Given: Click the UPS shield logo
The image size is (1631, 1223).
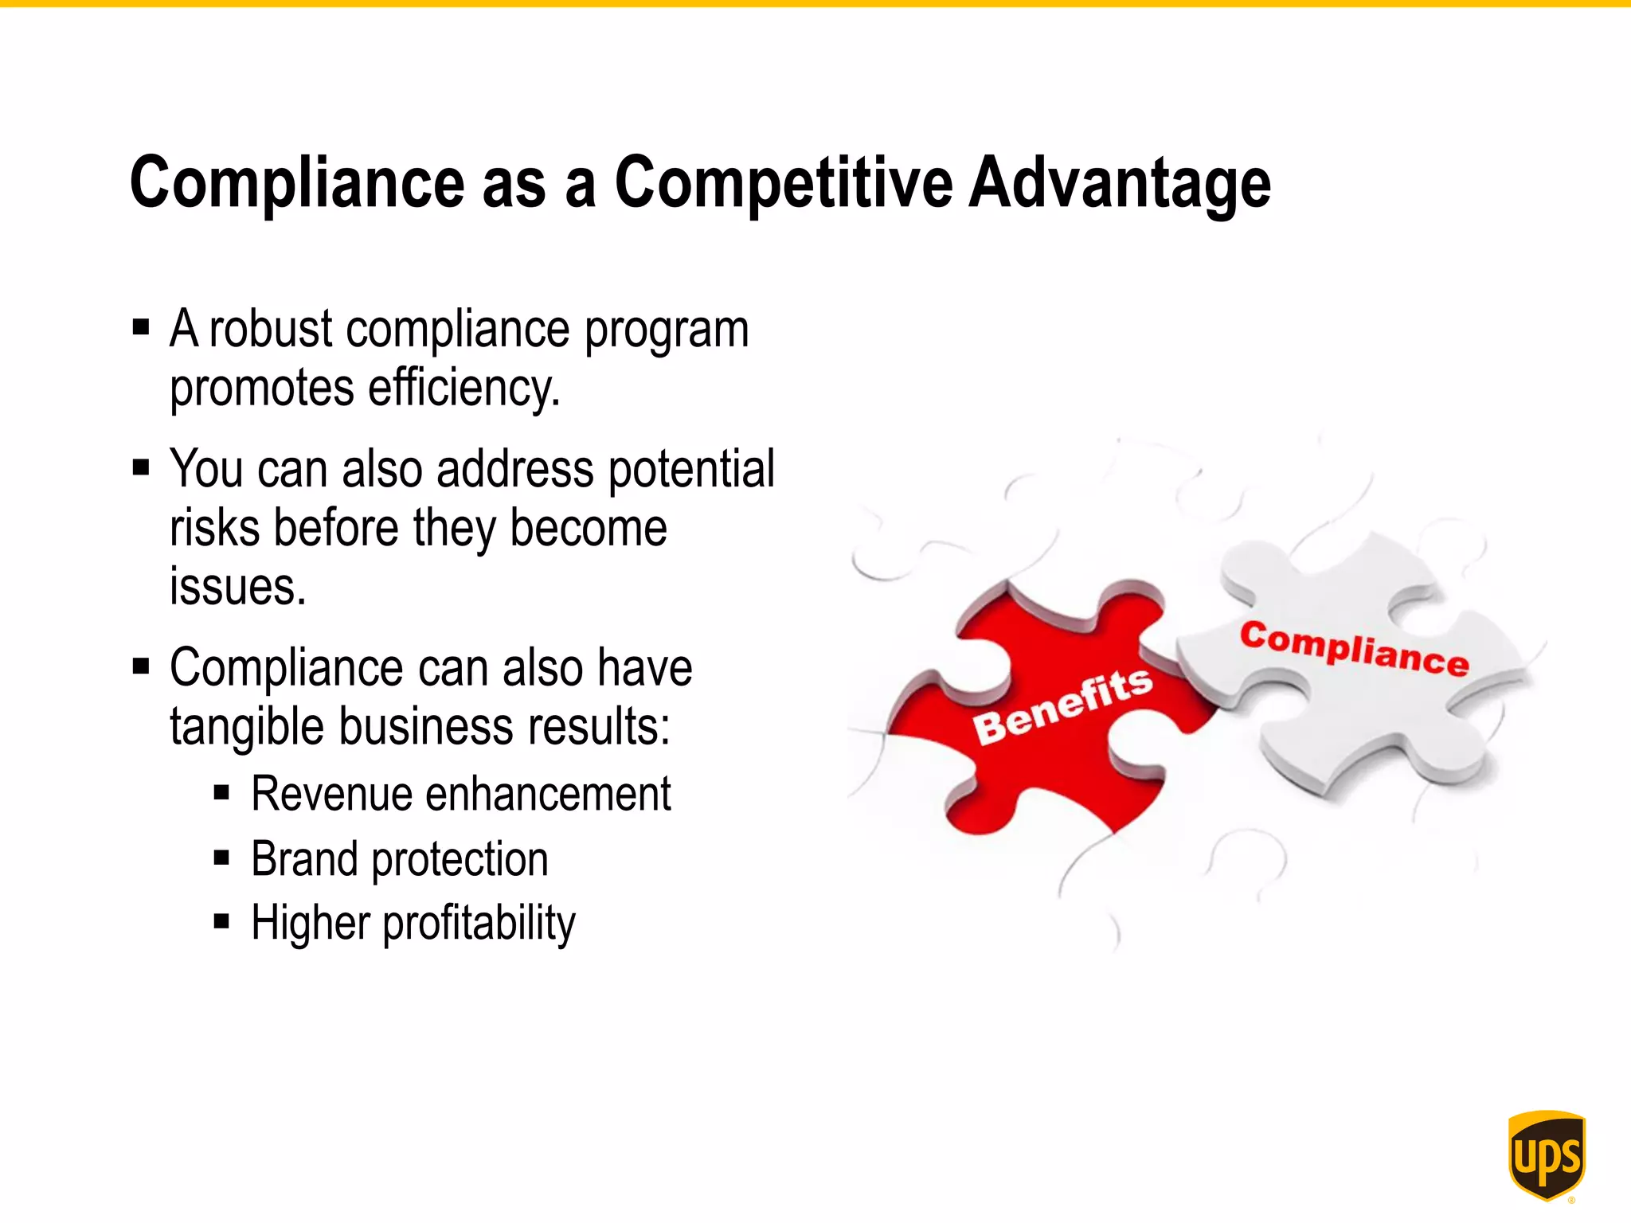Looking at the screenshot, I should pos(1547,1155).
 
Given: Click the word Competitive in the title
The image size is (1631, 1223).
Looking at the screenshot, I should pos(783,183).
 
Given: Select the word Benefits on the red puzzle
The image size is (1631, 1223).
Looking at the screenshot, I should pos(1062,705).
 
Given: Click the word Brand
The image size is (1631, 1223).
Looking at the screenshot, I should pos(303,859).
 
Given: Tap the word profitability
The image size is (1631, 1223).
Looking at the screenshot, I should pos(479,924).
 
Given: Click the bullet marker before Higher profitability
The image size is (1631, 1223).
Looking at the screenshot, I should pos(221,922).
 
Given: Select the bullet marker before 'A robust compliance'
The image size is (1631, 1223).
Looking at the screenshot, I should pos(141,327).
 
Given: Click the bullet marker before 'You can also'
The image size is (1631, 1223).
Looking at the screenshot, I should pos(141,467).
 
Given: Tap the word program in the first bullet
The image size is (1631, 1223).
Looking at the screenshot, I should pos(667,330).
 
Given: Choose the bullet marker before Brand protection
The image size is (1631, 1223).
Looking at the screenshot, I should pos(221,858).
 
